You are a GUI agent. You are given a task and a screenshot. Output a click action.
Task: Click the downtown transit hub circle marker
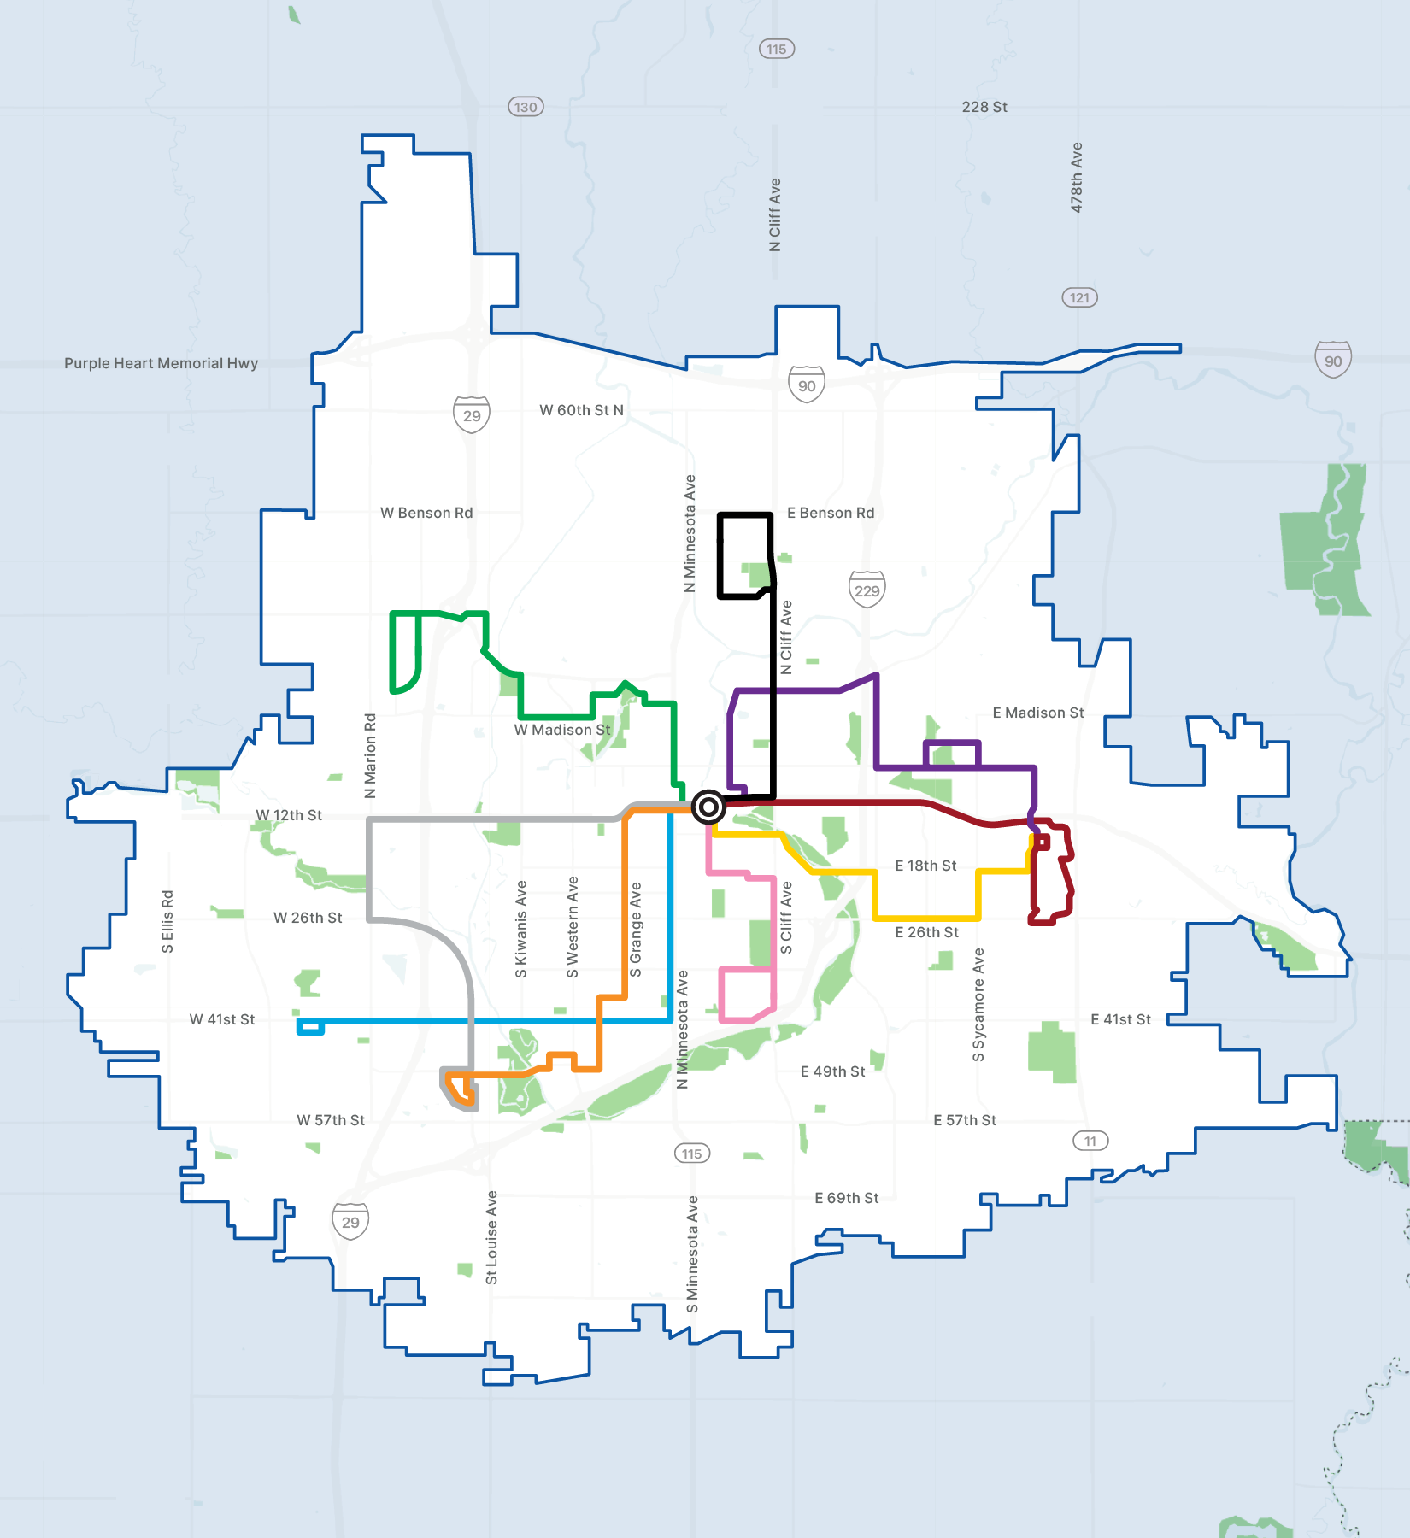click(x=708, y=806)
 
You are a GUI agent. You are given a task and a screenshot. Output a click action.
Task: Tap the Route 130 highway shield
click(x=526, y=107)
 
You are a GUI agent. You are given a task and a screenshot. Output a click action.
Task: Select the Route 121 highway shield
click(x=1079, y=297)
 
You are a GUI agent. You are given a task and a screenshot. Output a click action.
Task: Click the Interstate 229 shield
click(x=867, y=590)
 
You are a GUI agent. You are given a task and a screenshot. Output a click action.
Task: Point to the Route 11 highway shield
click(x=1090, y=1141)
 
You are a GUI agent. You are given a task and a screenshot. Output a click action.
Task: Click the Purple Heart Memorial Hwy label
click(x=161, y=363)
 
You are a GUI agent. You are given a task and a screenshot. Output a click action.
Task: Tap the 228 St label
click(x=984, y=107)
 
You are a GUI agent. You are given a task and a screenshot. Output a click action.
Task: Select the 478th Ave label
click(x=1077, y=178)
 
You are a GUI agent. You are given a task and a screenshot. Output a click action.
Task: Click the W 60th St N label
click(x=581, y=410)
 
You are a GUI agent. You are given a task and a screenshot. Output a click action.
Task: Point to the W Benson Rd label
click(x=426, y=513)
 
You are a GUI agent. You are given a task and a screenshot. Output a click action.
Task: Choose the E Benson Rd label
click(x=831, y=513)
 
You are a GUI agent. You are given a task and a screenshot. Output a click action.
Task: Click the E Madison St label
click(x=1038, y=713)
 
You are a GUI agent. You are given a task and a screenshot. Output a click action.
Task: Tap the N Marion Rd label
click(x=370, y=756)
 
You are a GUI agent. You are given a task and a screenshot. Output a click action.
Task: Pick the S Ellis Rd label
click(x=167, y=921)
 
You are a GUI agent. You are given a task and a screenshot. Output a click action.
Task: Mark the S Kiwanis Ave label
click(x=521, y=930)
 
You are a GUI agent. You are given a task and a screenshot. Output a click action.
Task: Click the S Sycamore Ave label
click(x=979, y=1005)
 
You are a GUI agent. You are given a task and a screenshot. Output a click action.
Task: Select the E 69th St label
click(x=846, y=1198)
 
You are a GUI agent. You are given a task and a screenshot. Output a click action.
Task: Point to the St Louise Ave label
click(x=491, y=1237)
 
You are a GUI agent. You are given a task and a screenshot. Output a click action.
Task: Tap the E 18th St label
click(x=925, y=866)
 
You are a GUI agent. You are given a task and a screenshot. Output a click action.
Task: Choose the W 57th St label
click(x=331, y=1120)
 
